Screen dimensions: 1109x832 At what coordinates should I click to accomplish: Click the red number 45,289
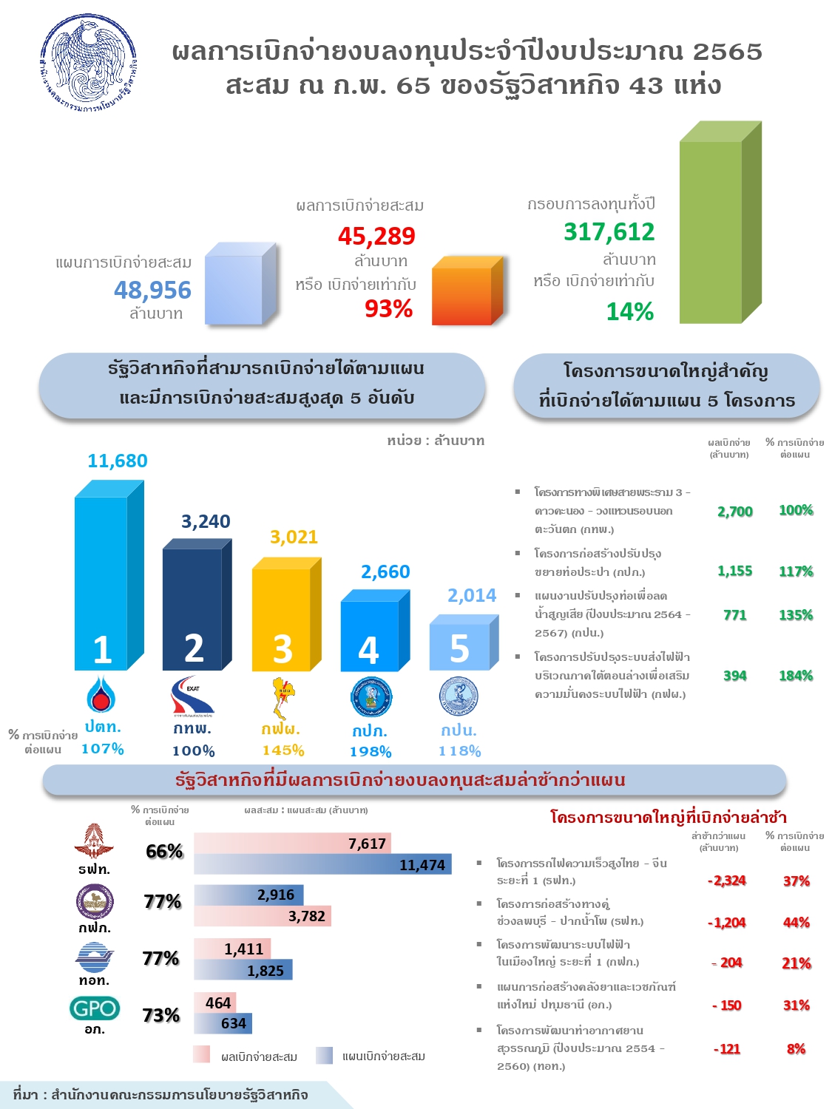click(376, 236)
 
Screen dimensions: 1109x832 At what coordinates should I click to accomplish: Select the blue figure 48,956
click(152, 290)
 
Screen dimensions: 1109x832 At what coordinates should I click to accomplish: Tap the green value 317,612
click(609, 231)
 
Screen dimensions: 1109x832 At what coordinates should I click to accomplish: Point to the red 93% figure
click(388, 308)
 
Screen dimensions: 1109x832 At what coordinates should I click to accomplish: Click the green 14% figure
click(629, 311)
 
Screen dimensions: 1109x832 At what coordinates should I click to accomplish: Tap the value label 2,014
click(472, 595)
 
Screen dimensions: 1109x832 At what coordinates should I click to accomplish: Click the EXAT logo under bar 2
click(192, 696)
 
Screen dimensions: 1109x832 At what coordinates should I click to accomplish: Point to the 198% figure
click(371, 751)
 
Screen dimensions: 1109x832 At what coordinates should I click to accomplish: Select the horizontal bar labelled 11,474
click(322, 864)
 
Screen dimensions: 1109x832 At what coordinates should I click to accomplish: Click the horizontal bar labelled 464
click(215, 1003)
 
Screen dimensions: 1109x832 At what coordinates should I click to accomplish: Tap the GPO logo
click(95, 1008)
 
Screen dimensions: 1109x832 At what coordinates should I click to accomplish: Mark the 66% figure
click(164, 851)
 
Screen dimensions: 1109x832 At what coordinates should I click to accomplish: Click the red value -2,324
click(726, 881)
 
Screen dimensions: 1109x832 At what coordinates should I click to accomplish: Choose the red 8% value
click(796, 1048)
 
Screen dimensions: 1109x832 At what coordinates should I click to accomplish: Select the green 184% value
click(796, 676)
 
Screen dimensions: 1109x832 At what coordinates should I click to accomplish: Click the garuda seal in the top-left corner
click(89, 64)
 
